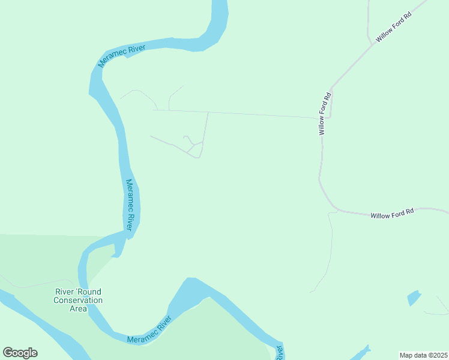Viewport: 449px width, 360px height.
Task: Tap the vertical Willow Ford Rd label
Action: (325, 113)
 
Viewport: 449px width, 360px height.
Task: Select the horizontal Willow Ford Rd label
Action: (392, 214)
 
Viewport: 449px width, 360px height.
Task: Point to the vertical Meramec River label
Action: (130, 205)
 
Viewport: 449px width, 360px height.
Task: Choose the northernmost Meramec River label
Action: (122, 55)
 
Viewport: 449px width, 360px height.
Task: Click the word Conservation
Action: (78, 300)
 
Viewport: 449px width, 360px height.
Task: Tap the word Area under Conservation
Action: (78, 308)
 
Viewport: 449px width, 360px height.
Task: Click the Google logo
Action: (20, 353)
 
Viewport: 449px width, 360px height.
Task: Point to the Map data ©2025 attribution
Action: (423, 355)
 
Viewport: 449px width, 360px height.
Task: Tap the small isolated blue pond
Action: (414, 298)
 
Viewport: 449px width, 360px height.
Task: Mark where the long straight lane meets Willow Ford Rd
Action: (318, 118)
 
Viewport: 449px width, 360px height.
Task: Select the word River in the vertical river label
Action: (131, 220)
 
